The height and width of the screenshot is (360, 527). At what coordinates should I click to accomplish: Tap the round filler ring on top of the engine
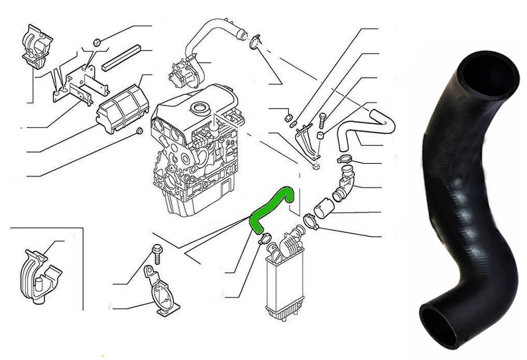(x=197, y=107)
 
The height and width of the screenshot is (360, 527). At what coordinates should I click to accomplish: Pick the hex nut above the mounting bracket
(x=96, y=43)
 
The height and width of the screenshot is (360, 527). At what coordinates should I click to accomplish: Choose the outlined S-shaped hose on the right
(x=365, y=129)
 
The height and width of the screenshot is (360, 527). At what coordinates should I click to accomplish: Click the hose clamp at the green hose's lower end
(x=263, y=237)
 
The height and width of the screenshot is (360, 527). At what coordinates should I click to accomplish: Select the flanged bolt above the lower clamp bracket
(x=158, y=251)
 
